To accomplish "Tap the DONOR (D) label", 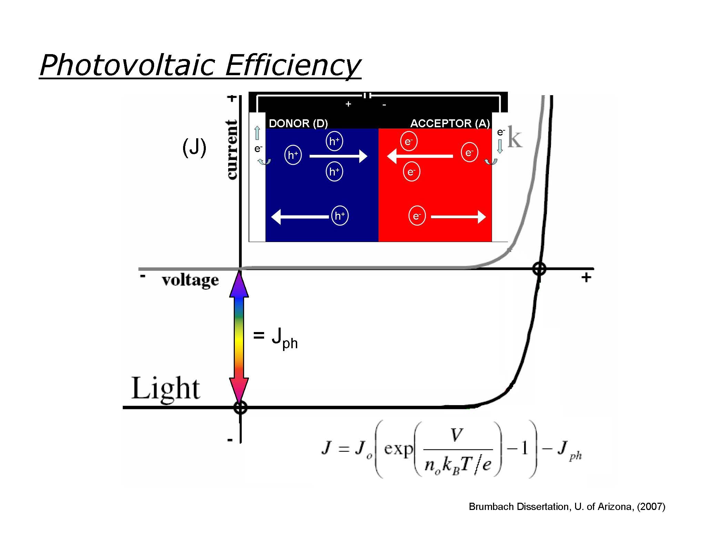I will click(x=298, y=123).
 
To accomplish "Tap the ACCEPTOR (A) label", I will click(x=450, y=123).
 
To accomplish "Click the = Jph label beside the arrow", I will click(x=275, y=338).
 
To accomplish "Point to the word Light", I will click(x=165, y=388).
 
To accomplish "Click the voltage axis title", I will click(x=190, y=280).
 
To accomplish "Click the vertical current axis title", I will click(x=232, y=150).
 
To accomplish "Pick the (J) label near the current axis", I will click(x=194, y=147).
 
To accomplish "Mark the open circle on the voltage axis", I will click(x=539, y=269).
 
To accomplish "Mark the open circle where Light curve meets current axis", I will click(x=240, y=407).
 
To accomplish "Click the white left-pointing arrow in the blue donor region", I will click(x=300, y=217).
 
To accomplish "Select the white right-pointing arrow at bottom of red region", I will click(x=458, y=217).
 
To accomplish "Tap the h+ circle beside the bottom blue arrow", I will click(x=340, y=216).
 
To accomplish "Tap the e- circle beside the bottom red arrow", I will click(x=417, y=216).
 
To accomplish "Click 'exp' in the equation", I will click(x=398, y=449).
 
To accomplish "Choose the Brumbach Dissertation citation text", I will click(x=567, y=507).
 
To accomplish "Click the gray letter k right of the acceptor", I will click(x=515, y=139).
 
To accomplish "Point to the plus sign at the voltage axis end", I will click(x=586, y=277).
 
